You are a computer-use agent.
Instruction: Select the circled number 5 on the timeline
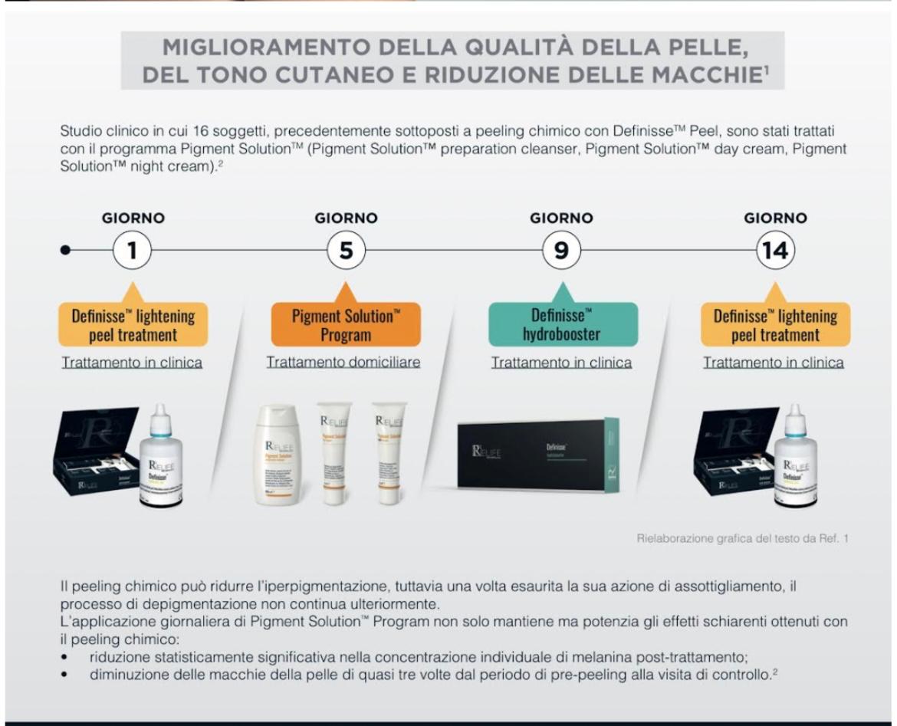click(347, 251)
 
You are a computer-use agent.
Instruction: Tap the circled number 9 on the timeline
click(561, 251)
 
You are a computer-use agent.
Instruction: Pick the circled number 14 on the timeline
click(775, 251)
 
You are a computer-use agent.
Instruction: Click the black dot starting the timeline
click(67, 251)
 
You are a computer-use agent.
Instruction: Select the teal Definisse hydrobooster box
click(562, 325)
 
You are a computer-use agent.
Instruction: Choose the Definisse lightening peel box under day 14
click(775, 325)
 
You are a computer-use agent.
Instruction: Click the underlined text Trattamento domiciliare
click(343, 363)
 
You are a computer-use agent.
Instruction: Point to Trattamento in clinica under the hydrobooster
click(561, 363)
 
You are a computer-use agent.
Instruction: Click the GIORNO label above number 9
click(561, 218)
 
